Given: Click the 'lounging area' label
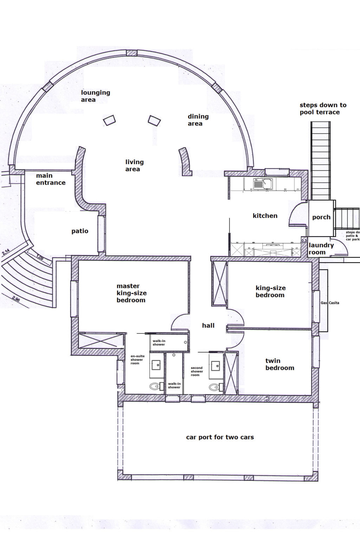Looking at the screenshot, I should tap(95, 96).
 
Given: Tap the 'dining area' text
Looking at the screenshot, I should tap(198, 120).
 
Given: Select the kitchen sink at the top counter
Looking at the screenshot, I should tap(263, 183).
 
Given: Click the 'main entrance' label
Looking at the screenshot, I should tap(51, 179).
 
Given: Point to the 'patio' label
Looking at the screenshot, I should tap(80, 231).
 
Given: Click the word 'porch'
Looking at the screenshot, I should tap(321, 217).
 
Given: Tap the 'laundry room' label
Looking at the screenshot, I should tap(321, 249).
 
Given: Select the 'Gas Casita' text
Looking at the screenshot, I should tap(330, 303).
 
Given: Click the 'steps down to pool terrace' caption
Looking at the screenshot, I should tap(322, 109).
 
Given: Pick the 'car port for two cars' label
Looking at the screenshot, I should tap(220, 437).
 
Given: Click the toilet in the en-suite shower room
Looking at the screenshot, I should tap(155, 387).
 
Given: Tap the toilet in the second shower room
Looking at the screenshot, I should tap(214, 387).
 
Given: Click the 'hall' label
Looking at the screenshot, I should tap(208, 326).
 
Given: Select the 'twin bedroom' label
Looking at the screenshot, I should tap(279, 364).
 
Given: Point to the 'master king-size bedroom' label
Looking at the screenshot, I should tap(131, 293).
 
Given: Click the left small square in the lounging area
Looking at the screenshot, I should tap(109, 120).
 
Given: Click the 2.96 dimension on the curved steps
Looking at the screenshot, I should tap(15, 299).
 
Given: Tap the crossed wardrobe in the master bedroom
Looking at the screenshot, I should tap(101, 340).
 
